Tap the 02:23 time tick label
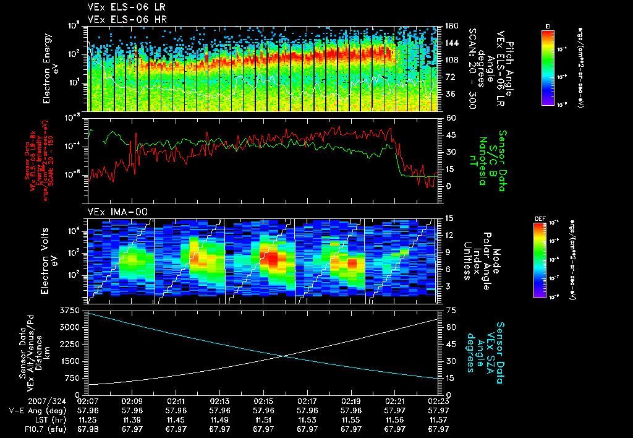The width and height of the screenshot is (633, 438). coord(438,401)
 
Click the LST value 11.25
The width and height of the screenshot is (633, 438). coord(89,419)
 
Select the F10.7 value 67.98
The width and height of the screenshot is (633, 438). coord(89,429)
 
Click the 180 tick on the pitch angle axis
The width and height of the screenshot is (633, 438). coord(451,26)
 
